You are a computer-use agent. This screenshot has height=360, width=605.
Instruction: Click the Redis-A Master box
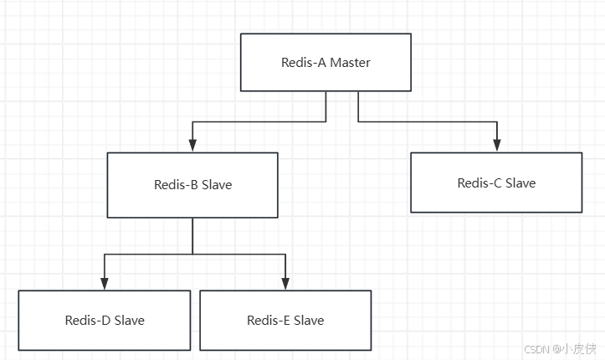(x=326, y=62)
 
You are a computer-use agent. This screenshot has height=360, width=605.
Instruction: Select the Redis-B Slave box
(x=192, y=185)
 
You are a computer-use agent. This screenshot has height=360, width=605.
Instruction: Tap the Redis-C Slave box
(x=496, y=183)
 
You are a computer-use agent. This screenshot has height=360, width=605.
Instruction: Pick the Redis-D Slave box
(x=105, y=320)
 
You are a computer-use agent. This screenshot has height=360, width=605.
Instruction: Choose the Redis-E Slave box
(x=285, y=320)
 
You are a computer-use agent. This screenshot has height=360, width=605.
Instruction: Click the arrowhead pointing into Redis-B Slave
(x=192, y=147)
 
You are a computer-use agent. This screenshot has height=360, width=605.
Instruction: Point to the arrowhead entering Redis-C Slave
(x=497, y=147)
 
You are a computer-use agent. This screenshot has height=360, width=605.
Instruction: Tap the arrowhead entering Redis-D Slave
(x=105, y=285)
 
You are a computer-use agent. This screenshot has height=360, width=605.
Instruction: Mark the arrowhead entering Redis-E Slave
(x=285, y=285)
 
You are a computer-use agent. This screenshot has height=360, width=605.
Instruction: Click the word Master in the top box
(x=350, y=63)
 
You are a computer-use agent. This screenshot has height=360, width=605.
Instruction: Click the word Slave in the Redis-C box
(x=520, y=183)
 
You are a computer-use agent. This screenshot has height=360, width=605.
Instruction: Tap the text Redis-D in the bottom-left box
(x=87, y=321)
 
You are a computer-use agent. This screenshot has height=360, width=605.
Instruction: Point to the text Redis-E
(x=269, y=321)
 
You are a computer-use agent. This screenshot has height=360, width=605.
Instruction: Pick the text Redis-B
(x=176, y=185)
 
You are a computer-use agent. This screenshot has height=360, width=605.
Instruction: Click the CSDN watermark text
(x=536, y=348)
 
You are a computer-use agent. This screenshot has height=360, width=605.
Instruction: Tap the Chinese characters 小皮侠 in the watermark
(x=578, y=348)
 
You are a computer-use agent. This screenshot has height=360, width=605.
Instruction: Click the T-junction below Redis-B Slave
(x=192, y=254)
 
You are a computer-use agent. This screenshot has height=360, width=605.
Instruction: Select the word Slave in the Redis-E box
(x=309, y=321)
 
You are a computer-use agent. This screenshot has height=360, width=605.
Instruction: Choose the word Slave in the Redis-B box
(x=217, y=185)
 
